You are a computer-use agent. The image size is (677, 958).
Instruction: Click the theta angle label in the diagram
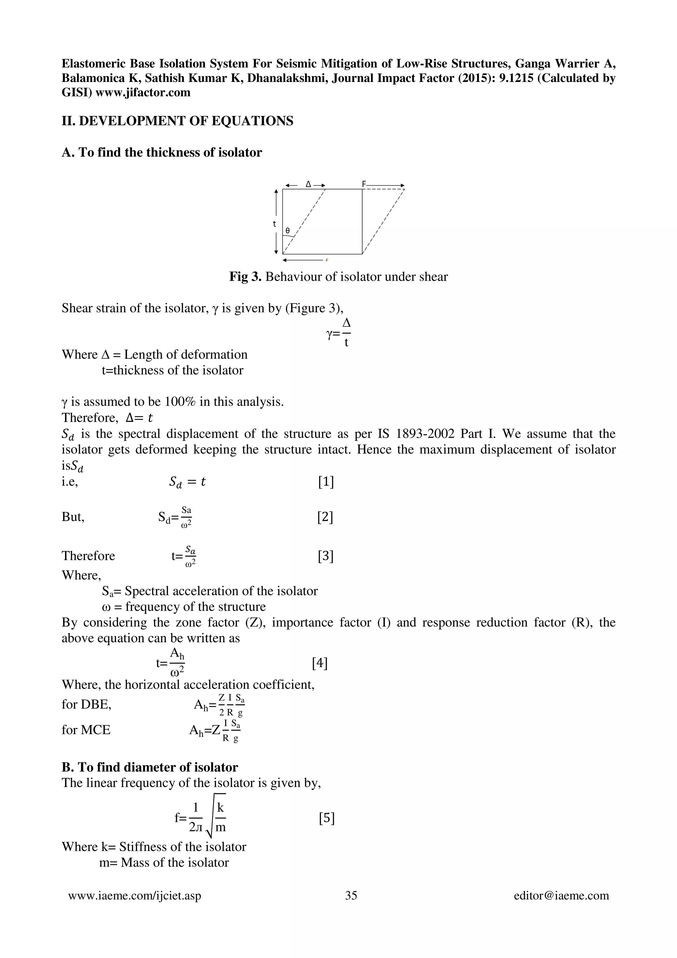[x=287, y=230]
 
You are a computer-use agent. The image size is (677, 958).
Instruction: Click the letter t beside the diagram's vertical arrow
[x=274, y=224]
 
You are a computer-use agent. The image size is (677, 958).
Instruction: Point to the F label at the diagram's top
[x=364, y=184]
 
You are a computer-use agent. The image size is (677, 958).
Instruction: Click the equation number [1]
[x=326, y=482]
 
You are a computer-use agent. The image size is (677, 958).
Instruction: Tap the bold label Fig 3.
[x=245, y=277]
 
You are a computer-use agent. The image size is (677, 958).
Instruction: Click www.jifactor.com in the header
[x=143, y=92]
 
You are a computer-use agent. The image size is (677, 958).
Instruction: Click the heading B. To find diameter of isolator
[x=150, y=767]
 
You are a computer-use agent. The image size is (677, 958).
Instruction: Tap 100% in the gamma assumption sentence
[x=180, y=402]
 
